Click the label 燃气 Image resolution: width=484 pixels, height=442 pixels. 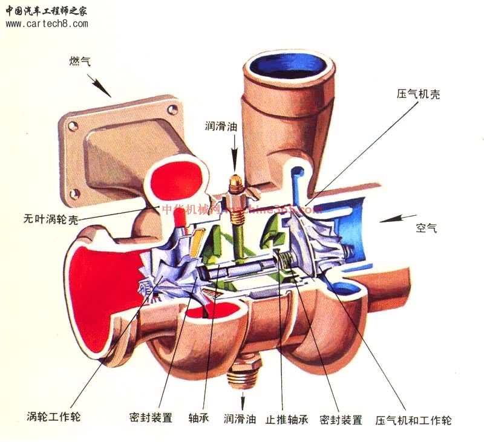80,61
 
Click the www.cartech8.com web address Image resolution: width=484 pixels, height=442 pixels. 47,24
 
